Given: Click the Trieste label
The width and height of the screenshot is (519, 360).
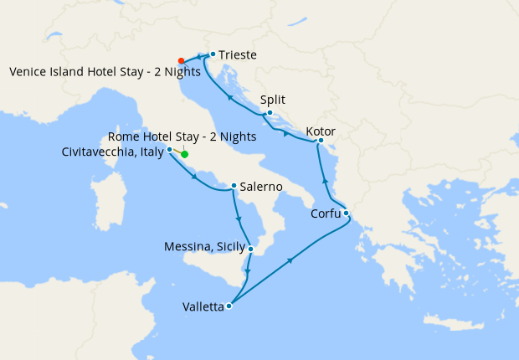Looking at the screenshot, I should [238, 55].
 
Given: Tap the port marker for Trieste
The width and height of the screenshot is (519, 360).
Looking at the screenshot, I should [213, 54].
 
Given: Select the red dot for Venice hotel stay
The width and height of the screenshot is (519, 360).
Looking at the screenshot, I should [181, 60].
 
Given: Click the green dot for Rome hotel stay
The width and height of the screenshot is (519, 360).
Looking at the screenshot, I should [184, 154].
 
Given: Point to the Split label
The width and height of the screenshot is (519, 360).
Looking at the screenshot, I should [273, 99].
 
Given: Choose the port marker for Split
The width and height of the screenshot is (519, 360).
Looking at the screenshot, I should [270, 112].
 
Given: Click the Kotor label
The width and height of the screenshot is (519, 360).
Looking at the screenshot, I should [321, 131].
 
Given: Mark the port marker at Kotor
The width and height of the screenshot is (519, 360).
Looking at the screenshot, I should [320, 141].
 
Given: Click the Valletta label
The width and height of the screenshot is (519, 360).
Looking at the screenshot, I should [203, 307].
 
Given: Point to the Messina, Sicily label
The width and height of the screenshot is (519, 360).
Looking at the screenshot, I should [205, 247].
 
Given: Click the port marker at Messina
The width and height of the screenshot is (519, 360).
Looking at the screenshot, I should [250, 248].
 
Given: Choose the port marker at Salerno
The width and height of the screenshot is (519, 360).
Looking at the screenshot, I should [234, 185].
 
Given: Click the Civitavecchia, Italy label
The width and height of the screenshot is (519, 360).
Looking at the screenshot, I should [113, 152].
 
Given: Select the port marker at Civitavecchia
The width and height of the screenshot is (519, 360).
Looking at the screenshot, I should [170, 150].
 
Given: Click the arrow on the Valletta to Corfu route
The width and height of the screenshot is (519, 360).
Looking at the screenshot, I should [290, 261].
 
